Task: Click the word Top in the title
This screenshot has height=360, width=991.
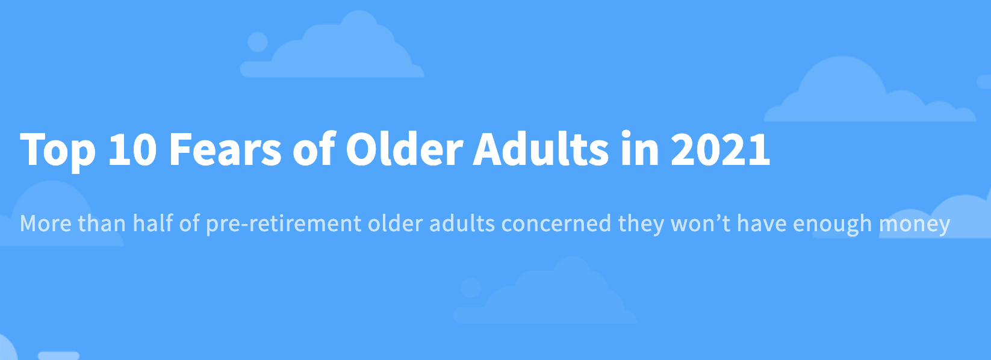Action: coord(58,150)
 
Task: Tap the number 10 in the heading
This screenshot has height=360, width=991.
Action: coord(132,149)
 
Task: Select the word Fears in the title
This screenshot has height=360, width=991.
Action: coord(225,149)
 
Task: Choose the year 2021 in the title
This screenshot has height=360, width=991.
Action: coord(721,149)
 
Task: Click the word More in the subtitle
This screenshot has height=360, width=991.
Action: coord(46,223)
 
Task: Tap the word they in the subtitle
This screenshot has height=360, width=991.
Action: coord(641,224)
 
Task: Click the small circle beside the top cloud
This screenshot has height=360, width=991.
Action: coord(258,42)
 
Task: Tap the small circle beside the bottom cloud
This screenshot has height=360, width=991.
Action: coord(471,288)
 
